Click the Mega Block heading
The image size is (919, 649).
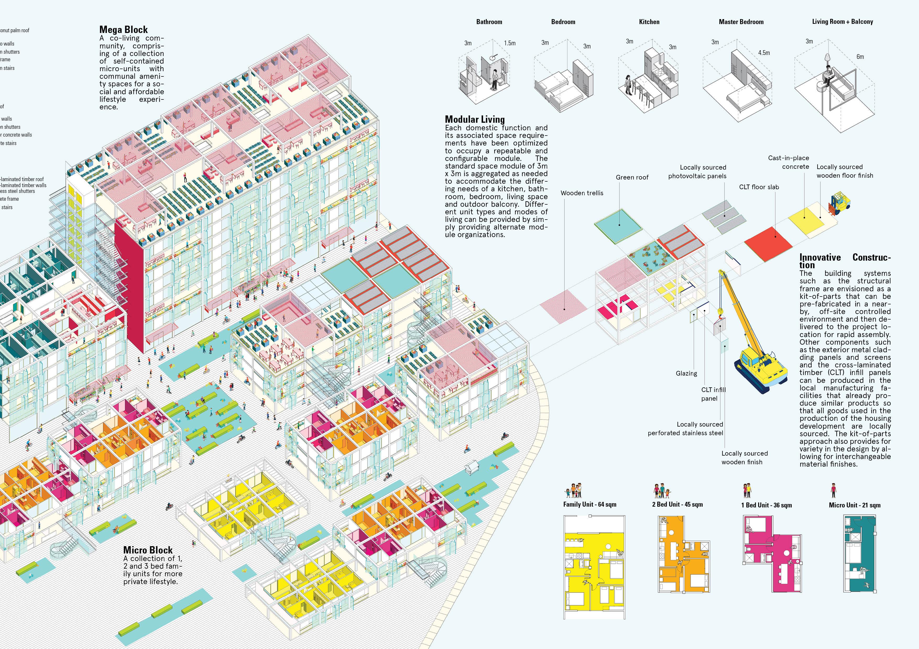(x=123, y=30)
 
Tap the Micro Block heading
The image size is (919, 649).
(x=148, y=550)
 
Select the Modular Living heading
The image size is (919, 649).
(x=475, y=119)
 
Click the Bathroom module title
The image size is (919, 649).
(x=489, y=22)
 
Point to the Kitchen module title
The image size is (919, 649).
(x=649, y=22)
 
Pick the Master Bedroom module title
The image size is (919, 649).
(x=741, y=22)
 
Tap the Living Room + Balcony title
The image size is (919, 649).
(x=842, y=22)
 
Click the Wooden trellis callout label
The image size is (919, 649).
(x=582, y=193)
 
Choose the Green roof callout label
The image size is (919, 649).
(x=632, y=177)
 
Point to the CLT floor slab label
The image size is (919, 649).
(x=759, y=187)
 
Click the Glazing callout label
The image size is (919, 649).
(x=686, y=373)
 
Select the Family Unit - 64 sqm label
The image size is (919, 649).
(x=590, y=505)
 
